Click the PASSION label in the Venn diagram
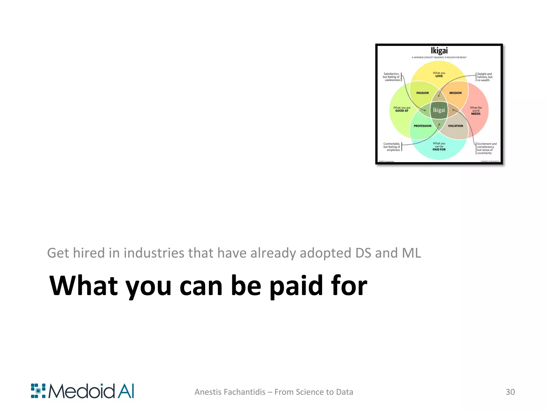coord(422,93)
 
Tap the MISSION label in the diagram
coord(455,93)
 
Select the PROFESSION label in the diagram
coord(423,126)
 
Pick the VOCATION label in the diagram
coord(455,126)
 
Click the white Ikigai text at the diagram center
coord(439,110)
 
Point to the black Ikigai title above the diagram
coord(439,51)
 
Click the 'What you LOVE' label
coord(439,74)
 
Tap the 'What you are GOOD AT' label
coord(402,109)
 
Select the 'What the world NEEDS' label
coord(476,111)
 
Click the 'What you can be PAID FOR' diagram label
coord(439,146)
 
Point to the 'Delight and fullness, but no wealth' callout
coord(485,77)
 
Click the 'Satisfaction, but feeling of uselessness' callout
coord(391,77)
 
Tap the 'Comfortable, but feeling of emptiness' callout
coord(392,147)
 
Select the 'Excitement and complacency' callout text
coord(486,148)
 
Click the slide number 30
coord(510,392)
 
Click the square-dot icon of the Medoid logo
coord(38,391)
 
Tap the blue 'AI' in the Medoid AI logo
coord(126,391)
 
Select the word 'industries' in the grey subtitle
coord(154,253)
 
